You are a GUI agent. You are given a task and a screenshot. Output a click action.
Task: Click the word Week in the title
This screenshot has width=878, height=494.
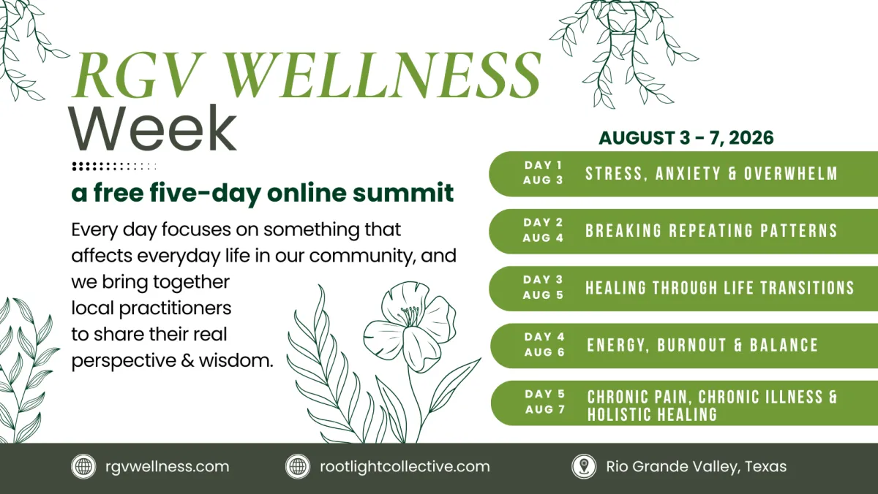153,128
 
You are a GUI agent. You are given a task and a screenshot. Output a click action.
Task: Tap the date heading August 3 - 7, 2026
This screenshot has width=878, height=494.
686,138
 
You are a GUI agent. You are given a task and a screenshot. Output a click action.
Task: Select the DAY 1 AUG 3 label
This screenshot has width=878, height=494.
543,172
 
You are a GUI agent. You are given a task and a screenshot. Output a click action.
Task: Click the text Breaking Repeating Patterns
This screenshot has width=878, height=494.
711,231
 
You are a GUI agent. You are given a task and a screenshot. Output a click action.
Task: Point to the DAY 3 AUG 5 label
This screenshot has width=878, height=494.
543,287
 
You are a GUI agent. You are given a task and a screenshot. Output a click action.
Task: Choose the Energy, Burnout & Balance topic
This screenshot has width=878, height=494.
702,345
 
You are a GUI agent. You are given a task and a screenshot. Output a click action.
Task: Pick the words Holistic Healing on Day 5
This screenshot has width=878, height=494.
652,414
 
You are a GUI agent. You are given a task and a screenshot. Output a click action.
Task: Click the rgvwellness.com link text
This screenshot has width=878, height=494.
168,467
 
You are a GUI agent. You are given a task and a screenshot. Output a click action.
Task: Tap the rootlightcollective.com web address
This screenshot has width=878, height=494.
405,467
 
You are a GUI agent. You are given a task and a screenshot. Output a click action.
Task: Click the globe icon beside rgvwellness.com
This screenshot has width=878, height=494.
83,467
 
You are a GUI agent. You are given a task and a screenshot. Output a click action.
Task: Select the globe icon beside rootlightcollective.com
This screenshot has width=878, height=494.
298,467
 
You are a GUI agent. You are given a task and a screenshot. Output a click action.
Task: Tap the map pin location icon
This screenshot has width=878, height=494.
584,467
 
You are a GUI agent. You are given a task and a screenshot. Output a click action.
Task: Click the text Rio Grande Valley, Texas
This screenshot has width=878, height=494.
697,467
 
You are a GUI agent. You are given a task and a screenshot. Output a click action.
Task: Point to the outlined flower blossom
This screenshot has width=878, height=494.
410,327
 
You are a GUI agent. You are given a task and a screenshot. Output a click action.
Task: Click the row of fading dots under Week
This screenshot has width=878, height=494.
114,167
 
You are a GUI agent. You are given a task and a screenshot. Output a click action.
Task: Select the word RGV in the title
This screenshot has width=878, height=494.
138,75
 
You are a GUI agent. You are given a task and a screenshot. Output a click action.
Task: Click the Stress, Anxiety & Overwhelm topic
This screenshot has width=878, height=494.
711,173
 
